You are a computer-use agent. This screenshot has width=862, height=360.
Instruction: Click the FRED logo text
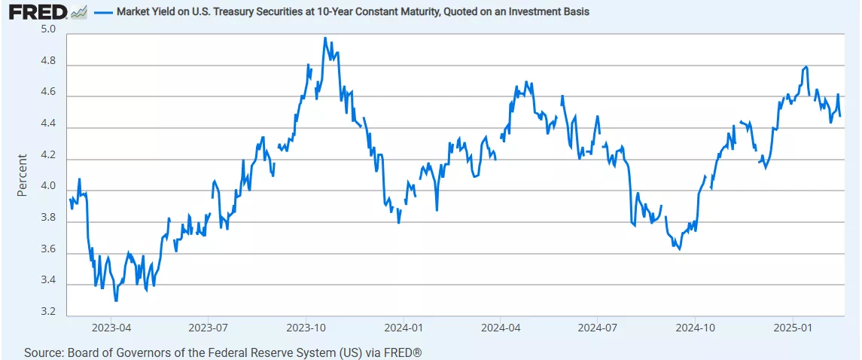[x=34, y=11]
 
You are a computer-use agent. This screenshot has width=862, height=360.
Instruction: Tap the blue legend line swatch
[x=103, y=12]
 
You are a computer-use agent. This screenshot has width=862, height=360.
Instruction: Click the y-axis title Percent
[x=22, y=175]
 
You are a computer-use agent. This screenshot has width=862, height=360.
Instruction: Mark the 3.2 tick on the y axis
[x=47, y=311]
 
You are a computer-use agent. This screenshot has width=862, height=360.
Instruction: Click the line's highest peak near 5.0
[x=324, y=38]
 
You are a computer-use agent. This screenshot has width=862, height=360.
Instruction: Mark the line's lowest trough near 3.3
[x=115, y=301]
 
